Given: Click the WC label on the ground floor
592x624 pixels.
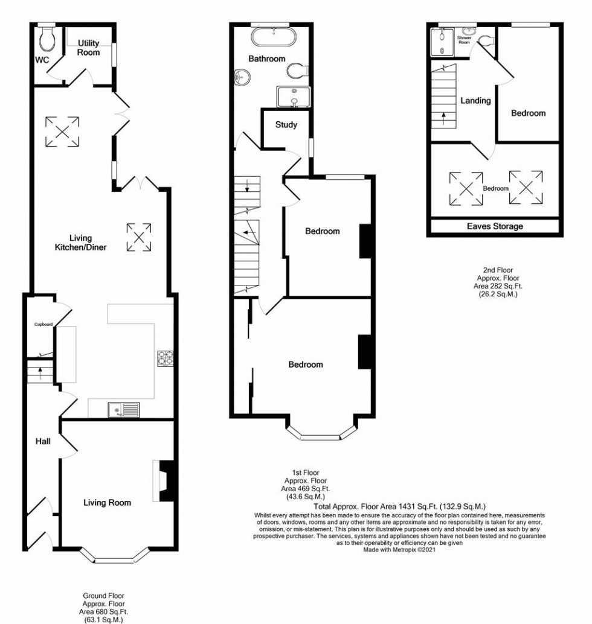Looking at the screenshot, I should point(42,60).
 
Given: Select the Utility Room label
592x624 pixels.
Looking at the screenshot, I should point(88,48).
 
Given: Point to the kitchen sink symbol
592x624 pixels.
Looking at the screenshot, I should point(123,410).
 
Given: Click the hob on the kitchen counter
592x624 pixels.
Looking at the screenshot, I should point(165,358).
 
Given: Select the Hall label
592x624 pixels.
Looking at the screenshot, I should point(42,442).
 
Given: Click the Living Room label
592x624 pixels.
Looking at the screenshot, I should point(107,502).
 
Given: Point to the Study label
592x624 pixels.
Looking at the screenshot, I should point(286,126).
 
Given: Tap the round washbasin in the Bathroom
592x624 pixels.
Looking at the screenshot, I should point(242,77).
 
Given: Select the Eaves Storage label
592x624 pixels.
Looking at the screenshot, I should point(495,226).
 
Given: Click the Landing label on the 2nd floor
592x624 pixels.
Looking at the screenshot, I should point(475,101).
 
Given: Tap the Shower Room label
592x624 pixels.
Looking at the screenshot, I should point(464,40).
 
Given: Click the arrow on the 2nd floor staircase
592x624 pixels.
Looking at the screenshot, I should point(444,117).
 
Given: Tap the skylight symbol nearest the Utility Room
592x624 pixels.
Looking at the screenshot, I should point(62,131).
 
